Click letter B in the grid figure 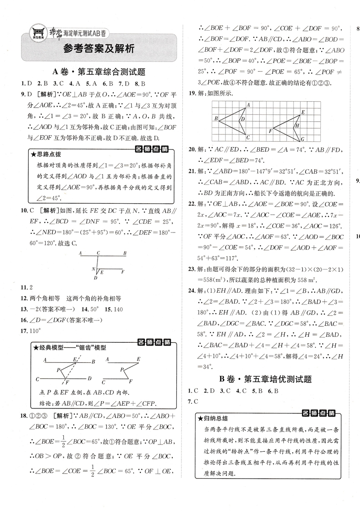216,119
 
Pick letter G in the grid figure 302,139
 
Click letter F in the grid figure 270,131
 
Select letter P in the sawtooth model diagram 59,370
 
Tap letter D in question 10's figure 95,277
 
